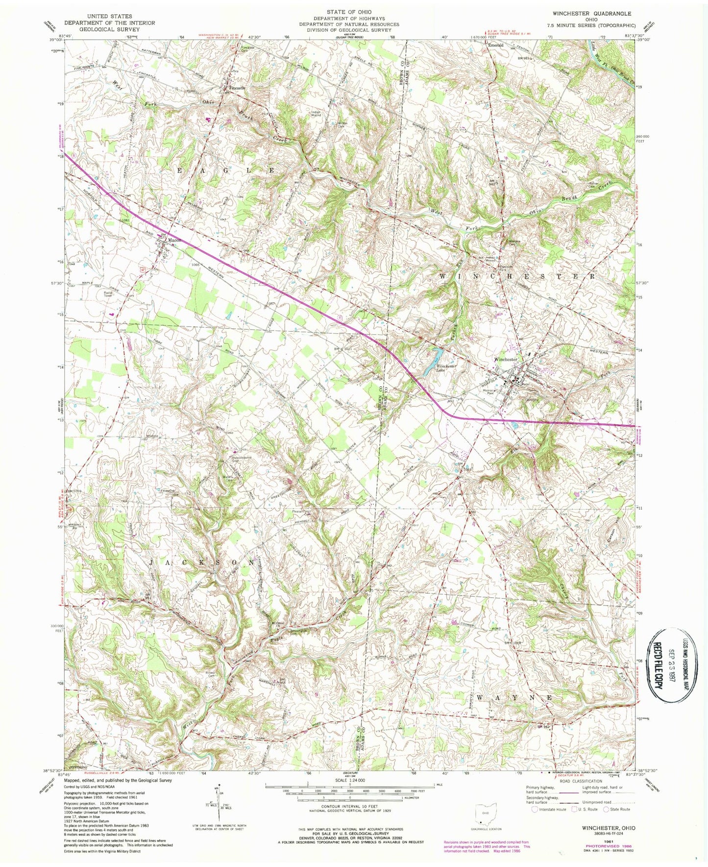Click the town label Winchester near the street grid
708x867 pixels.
tap(506, 359)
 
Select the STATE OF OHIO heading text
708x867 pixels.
tap(349, 12)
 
